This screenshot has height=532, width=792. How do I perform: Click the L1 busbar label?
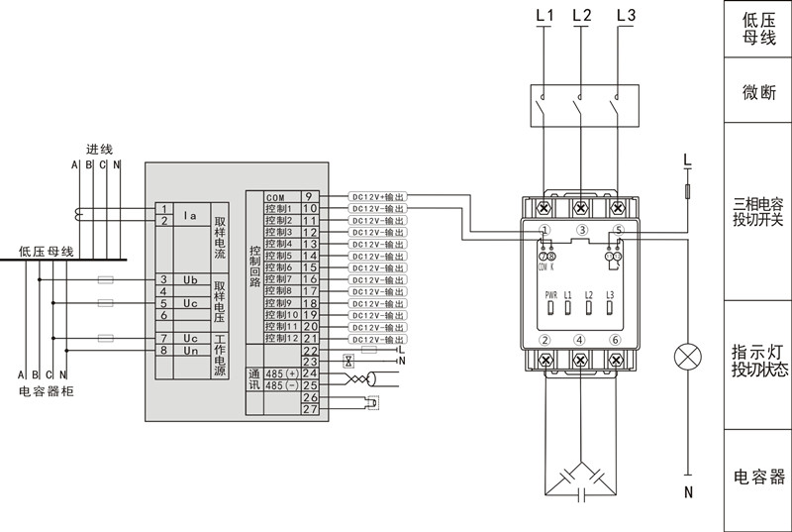[544, 16]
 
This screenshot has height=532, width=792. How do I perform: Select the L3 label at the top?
[626, 16]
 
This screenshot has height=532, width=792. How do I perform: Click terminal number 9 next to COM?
[309, 196]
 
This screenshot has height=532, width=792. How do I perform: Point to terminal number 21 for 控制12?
[309, 339]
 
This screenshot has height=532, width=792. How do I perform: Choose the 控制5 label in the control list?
[278, 256]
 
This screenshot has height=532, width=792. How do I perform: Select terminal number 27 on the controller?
[309, 409]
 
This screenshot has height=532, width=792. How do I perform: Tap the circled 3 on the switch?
[582, 230]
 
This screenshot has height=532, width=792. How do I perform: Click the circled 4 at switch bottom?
[582, 341]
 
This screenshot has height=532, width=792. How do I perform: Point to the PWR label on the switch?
[550, 295]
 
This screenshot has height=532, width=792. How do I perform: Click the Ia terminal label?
[191, 214]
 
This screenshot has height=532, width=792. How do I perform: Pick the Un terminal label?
[191, 351]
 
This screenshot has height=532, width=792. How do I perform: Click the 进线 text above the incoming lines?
[100, 149]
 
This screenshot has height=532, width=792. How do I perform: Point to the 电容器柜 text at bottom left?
[47, 392]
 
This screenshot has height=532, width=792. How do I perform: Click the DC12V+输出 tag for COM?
[379, 196]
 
